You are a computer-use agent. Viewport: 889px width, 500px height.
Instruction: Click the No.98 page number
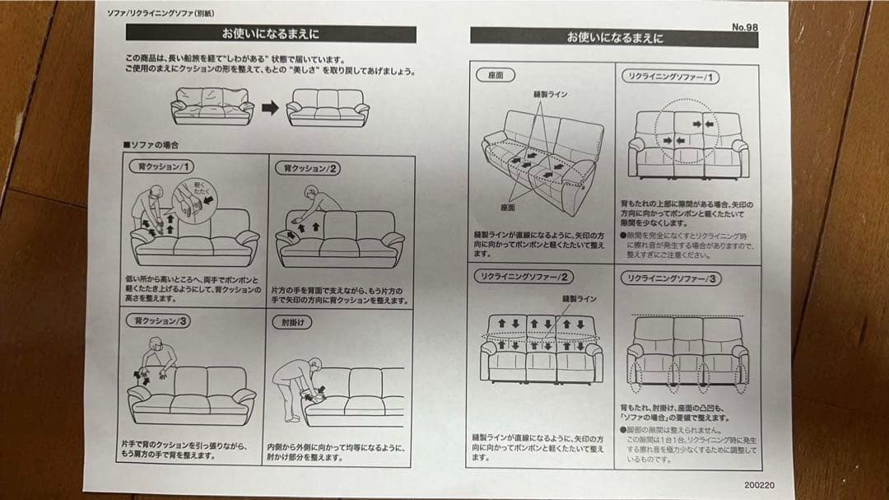tap(745, 26)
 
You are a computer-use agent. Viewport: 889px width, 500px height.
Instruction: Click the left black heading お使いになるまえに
tap(270, 34)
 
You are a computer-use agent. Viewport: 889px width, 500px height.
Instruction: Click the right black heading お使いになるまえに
tap(614, 37)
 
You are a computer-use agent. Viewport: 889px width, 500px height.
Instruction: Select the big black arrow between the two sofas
tap(269, 107)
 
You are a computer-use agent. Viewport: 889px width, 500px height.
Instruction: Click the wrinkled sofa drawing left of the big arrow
tap(212, 106)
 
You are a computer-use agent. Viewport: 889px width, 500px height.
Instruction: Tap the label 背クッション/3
tap(161, 320)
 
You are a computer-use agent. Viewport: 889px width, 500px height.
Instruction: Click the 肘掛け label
tap(291, 322)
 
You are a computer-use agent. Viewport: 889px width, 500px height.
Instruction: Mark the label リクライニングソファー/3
tap(670, 278)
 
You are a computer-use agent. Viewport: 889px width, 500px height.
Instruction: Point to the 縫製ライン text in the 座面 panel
tap(551, 95)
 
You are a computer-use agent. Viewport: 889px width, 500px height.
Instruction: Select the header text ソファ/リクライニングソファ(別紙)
tap(161, 14)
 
